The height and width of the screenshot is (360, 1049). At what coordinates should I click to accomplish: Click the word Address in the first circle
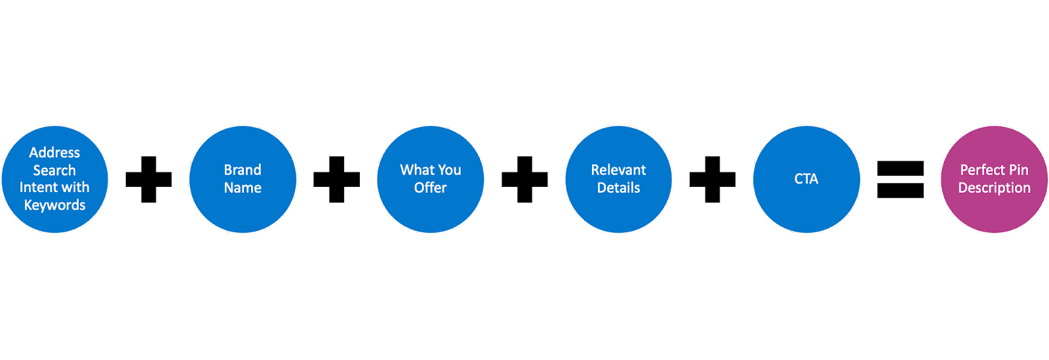[54, 153]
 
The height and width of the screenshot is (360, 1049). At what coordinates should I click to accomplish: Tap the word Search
[54, 170]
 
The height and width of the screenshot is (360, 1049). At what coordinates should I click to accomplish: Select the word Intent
[39, 188]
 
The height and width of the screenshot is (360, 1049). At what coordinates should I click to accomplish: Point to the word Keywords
[54, 205]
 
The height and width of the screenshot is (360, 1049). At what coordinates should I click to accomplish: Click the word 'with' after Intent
[75, 188]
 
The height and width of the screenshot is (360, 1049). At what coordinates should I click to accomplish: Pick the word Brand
[243, 170]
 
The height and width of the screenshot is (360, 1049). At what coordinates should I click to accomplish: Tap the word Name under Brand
[243, 188]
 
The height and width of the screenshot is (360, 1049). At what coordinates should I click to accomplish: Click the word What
[417, 170]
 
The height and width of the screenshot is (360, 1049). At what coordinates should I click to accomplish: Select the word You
[449, 170]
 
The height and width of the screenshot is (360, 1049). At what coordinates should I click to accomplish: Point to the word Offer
[430, 188]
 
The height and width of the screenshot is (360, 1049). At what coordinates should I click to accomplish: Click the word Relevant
[618, 170]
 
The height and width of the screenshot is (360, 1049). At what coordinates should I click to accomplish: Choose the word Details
[618, 188]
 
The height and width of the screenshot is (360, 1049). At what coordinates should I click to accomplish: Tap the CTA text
[806, 179]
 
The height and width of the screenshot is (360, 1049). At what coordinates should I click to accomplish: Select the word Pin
[1019, 170]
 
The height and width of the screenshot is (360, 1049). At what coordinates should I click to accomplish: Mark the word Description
[994, 188]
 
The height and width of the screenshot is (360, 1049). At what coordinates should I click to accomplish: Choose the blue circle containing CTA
[806, 210]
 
